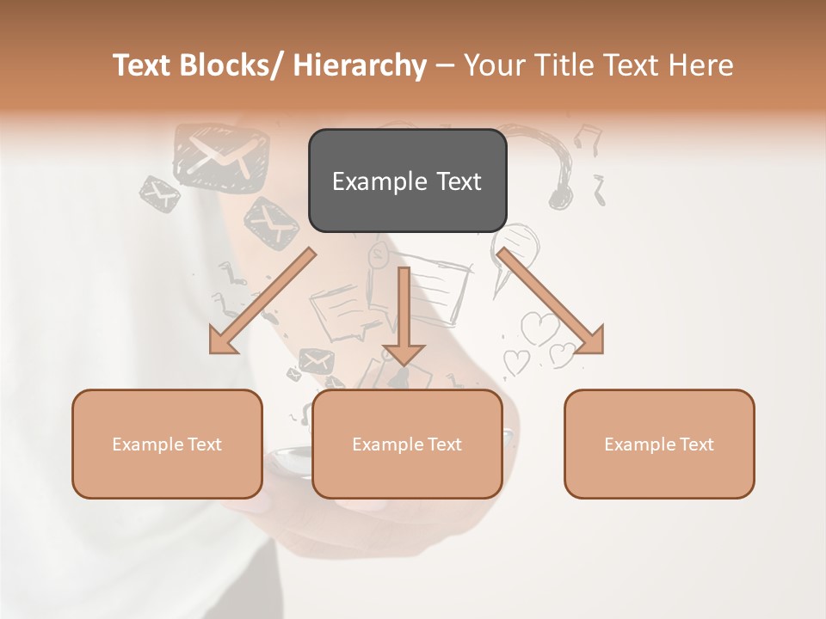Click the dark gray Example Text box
(407, 181)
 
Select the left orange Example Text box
(167, 444)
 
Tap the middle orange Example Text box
(407, 444)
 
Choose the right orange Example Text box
(659, 444)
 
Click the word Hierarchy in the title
(361, 65)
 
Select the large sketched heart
(540, 329)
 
